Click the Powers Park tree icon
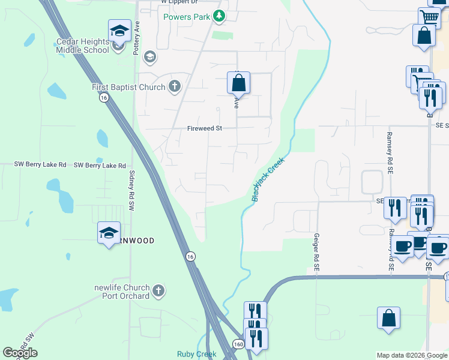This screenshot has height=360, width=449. pos(220,17)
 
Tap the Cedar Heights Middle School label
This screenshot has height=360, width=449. pos(82,46)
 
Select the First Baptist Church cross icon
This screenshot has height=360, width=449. pos(174,87)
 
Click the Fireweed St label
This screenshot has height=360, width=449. pos(205,128)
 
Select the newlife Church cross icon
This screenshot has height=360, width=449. pos(158,292)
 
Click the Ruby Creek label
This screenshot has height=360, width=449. pos(196,354)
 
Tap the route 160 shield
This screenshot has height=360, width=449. pos(238,344)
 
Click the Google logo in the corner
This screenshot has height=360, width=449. pos(20,353)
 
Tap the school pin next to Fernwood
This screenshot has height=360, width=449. pos(109,233)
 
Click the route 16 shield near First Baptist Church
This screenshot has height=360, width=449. pos(104,98)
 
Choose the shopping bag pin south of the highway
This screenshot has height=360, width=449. pos(388,318)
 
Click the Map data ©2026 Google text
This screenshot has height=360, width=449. pos(412,355)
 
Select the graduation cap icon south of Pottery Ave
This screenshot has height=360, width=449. pos(149,58)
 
